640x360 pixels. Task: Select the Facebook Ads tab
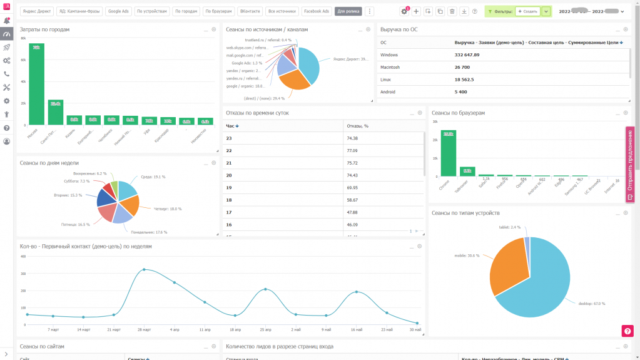tap(317, 11)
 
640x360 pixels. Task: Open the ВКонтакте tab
tap(250, 11)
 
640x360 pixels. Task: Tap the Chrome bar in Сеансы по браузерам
tap(448, 153)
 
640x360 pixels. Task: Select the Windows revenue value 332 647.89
tap(467, 55)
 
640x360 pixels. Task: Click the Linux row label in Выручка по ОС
tap(385, 80)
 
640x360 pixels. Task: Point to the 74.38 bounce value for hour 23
tap(352, 138)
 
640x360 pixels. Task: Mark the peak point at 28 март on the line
tap(144, 270)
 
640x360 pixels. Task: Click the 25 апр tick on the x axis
tap(265, 329)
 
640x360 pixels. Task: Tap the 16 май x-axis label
tap(357, 329)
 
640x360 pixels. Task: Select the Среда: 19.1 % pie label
tap(153, 177)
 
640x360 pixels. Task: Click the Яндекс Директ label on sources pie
tap(350, 59)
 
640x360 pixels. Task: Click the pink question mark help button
tap(627, 331)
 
